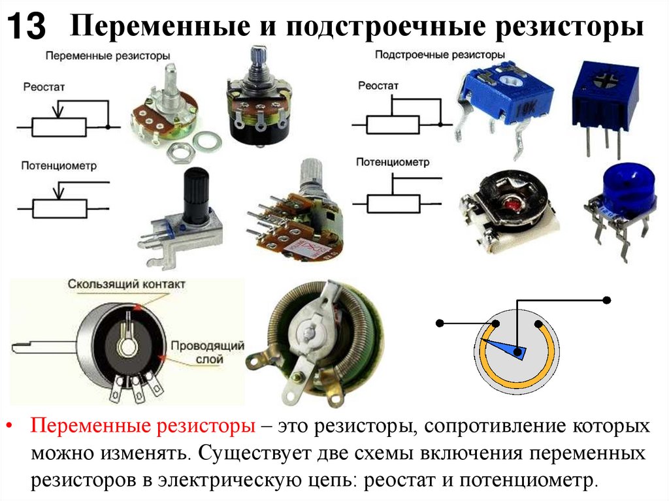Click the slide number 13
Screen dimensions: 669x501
[26, 26]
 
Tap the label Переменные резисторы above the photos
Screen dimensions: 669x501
[108, 56]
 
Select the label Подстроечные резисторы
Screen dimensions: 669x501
[440, 55]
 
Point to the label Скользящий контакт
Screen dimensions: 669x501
[126, 284]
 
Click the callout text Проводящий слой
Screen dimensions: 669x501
[208, 352]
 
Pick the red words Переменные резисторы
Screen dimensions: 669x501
[143, 426]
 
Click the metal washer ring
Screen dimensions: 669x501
[207, 141]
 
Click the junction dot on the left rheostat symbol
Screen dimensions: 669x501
[108, 127]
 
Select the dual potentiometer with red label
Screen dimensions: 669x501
[296, 214]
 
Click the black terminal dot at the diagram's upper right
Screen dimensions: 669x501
[607, 300]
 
